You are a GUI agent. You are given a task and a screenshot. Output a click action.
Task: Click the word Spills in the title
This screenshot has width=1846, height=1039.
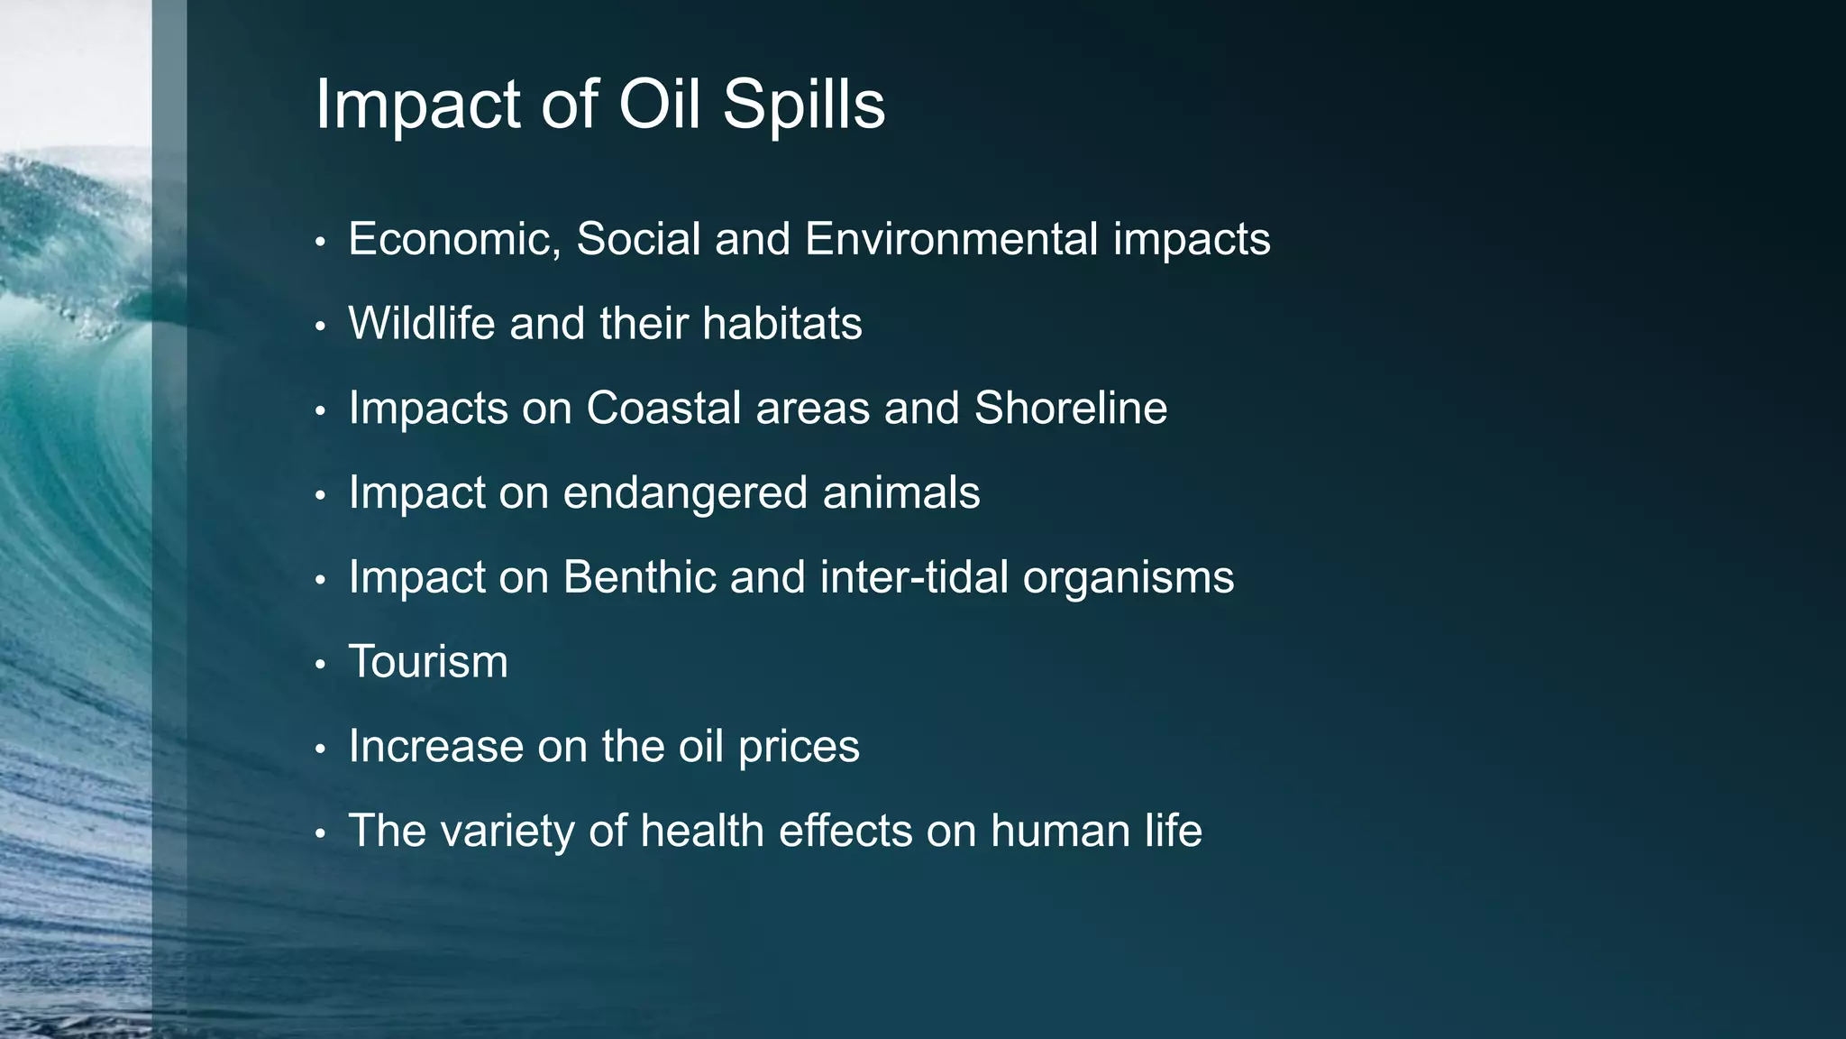coord(803,106)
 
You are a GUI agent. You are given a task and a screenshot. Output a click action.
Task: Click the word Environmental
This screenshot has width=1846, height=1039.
coord(951,240)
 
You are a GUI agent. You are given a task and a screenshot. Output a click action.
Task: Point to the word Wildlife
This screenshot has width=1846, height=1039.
coord(421,324)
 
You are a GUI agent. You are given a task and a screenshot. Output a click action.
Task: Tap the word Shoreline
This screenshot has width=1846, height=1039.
coord(1070,409)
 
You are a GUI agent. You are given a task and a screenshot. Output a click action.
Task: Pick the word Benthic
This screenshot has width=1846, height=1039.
coord(639,577)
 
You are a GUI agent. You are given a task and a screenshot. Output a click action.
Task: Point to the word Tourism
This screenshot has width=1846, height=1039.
coord(428,662)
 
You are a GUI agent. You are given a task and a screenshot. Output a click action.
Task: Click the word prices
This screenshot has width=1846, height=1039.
coord(799,748)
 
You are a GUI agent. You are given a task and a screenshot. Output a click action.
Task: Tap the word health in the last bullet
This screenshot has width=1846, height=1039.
coord(702,831)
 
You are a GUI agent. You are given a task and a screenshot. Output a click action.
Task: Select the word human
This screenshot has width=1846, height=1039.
coord(1060,831)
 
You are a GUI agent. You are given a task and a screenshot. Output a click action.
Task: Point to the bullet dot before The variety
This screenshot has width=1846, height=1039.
coord(320,834)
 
